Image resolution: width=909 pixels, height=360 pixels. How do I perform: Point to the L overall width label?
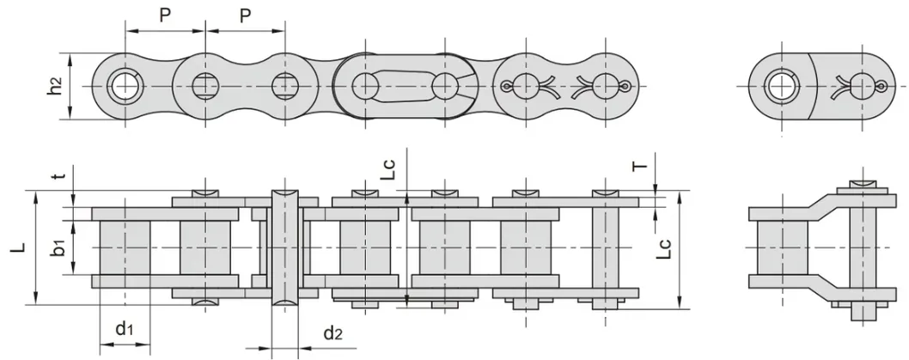(x=19, y=247)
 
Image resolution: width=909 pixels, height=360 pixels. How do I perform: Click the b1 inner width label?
(x=58, y=247)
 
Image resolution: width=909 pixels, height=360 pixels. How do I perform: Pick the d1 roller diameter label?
(x=125, y=329)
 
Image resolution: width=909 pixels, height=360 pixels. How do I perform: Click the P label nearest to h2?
(x=165, y=15)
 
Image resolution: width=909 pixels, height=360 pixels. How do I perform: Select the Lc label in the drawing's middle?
(x=391, y=168)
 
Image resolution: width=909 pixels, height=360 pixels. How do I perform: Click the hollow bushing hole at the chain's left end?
(x=124, y=87)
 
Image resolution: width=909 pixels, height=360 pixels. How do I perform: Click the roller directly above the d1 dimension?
(x=125, y=248)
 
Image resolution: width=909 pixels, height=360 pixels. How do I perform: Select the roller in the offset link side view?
(x=783, y=248)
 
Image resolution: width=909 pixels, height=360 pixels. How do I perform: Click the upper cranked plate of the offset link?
(x=822, y=208)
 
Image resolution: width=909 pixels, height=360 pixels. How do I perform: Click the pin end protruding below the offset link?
(x=863, y=312)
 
